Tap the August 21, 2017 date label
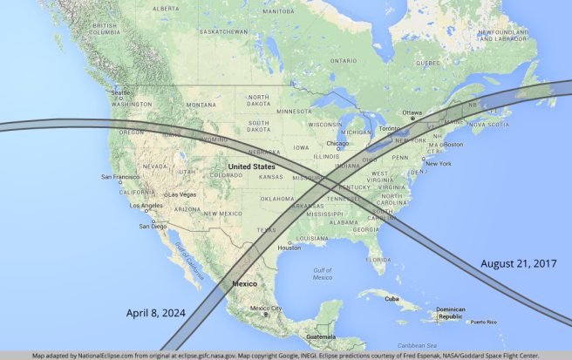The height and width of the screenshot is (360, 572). pyautogui.click(x=518, y=262)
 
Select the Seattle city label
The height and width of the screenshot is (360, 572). pyautogui.click(x=120, y=93)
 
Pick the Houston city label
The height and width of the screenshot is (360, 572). pyautogui.click(x=289, y=248)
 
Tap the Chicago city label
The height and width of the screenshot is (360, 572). pyautogui.click(x=337, y=143)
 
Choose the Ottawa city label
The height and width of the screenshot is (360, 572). pyautogui.click(x=412, y=112)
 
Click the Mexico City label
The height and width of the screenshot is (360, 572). pyautogui.click(x=265, y=309)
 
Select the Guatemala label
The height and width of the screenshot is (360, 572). pyautogui.click(x=321, y=336)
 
